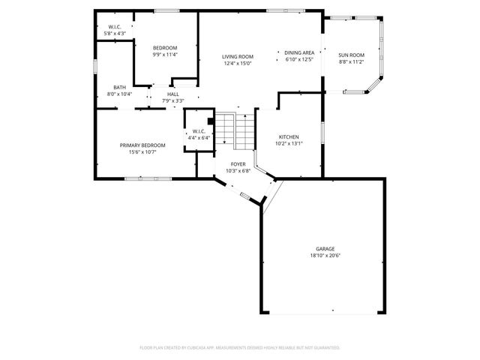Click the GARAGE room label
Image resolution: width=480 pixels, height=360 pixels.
(x=325, y=249)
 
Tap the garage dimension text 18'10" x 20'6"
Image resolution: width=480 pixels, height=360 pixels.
(x=325, y=256)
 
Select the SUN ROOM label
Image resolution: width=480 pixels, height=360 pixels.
(x=351, y=55)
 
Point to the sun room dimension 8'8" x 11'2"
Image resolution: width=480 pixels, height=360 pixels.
(x=351, y=61)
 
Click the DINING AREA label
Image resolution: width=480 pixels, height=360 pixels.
(x=299, y=52)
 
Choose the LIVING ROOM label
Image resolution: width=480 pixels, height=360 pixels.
(x=237, y=57)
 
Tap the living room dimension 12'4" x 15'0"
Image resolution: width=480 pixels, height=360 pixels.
(x=237, y=64)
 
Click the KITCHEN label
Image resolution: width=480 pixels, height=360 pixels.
(x=289, y=137)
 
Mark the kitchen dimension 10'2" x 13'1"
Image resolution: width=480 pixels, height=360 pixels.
(x=289, y=144)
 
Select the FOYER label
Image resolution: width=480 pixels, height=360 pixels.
(x=238, y=163)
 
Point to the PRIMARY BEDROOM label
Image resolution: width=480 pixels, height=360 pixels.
(x=142, y=145)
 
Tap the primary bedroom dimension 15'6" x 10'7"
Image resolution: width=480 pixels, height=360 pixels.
(x=142, y=151)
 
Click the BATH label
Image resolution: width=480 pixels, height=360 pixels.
(x=120, y=87)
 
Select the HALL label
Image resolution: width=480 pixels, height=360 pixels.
(x=173, y=94)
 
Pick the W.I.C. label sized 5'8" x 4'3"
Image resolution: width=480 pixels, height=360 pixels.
(x=115, y=27)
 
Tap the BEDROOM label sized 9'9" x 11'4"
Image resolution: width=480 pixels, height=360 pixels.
(x=165, y=48)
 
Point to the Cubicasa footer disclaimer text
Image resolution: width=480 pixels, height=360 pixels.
(x=240, y=348)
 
